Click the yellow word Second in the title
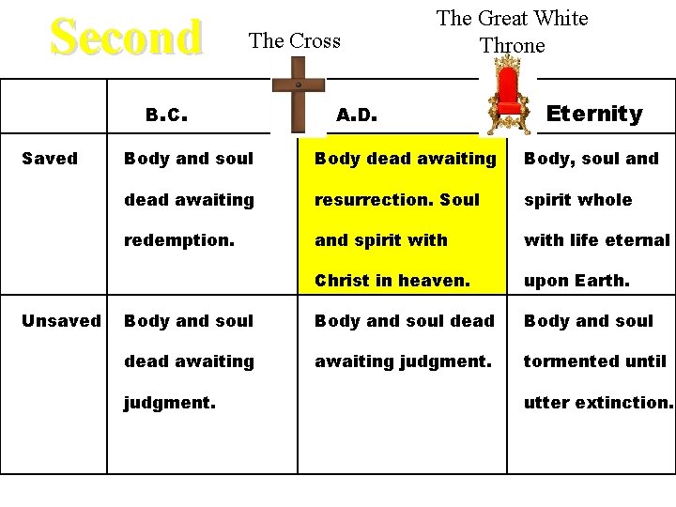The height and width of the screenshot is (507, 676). coord(127,38)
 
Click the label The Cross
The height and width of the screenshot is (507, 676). coord(294,40)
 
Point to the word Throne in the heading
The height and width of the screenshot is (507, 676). coord(512,45)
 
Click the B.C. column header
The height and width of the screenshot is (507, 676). coord(168,115)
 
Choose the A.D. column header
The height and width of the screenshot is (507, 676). coord(357,115)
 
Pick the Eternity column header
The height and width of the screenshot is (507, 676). coord(594,115)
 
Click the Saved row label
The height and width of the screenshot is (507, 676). coord(49,159)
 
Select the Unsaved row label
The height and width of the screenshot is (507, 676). coord(61,321)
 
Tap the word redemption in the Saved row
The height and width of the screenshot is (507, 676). coord(179,240)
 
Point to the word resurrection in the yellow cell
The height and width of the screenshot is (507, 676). coord(358,200)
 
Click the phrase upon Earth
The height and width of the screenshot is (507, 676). coord(576,281)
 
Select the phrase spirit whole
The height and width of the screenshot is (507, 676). coord(577,200)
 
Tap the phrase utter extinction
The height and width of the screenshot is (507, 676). coord(598,402)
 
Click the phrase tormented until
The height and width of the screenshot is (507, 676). coord(595,361)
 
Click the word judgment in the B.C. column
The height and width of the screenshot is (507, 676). coord(170,402)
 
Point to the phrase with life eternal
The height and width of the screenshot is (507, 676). coord(597,240)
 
